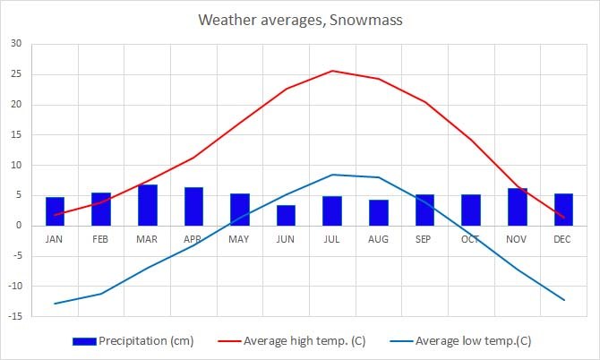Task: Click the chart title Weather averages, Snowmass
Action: (x=299, y=19)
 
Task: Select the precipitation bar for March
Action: (x=147, y=205)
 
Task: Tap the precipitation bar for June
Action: (x=286, y=216)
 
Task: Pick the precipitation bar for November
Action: (x=517, y=207)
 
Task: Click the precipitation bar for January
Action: (x=55, y=211)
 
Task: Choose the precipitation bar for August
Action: (x=378, y=213)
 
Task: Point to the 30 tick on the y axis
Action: (x=16, y=44)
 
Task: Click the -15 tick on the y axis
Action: (x=14, y=316)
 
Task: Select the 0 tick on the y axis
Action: (x=19, y=226)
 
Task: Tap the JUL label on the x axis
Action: (x=332, y=240)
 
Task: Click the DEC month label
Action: (x=563, y=240)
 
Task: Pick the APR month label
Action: (x=193, y=240)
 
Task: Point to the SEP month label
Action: (x=424, y=240)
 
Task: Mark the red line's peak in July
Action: (x=332, y=71)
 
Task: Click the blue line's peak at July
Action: (x=332, y=175)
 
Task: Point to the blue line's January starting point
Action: (x=55, y=304)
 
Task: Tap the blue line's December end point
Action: (x=563, y=300)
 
